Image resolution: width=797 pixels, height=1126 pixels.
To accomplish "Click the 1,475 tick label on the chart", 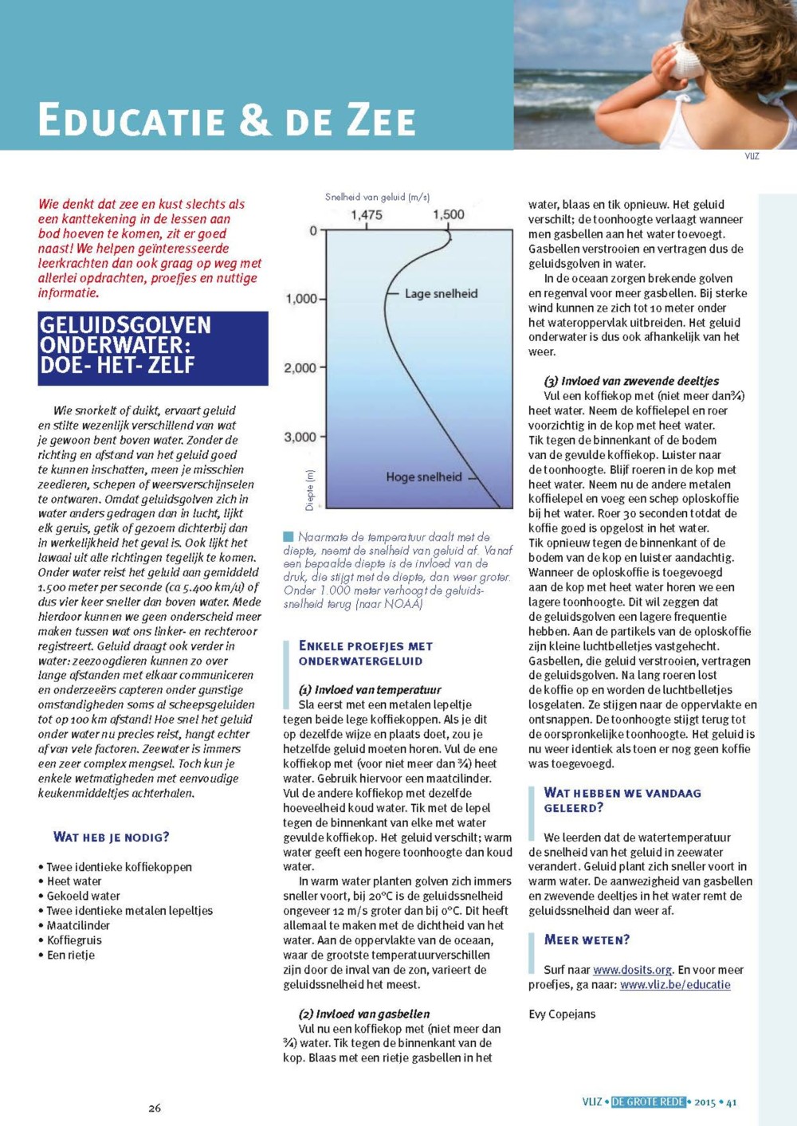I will tap(367, 214).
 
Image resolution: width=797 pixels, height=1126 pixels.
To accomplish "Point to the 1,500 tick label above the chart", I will tap(449, 214).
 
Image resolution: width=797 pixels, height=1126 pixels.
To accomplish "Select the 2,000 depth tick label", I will tap(300, 368).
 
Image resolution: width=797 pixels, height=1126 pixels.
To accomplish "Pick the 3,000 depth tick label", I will tap(300, 437).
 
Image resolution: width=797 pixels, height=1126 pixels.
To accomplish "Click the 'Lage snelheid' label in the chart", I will tap(441, 293).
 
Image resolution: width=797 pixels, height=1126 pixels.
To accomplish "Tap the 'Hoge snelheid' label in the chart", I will tap(424, 477).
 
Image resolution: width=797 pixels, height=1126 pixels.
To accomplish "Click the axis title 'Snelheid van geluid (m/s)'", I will tap(377, 197).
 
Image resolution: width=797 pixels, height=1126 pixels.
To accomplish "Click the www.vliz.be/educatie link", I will tap(675, 984).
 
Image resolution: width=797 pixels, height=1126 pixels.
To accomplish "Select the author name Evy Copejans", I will tap(562, 1014).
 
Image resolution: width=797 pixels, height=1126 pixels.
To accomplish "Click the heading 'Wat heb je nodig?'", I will tap(111, 837).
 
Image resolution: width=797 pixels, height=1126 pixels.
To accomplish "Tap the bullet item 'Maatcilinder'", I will tap(78, 925).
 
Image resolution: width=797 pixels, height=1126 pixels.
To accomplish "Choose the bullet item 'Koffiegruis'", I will tap(74, 940).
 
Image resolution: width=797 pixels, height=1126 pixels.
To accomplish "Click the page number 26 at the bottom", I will tap(155, 1108).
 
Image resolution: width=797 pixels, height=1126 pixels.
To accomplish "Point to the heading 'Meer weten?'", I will tap(587, 940).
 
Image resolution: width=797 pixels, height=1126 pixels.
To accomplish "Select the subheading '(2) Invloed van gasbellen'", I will tap(364, 1014).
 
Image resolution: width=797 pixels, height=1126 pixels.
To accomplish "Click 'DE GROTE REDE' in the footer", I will tap(648, 1102).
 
